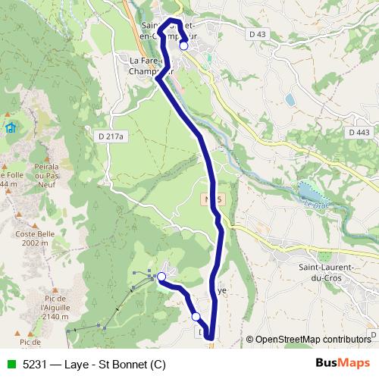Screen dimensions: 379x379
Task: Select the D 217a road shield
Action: click(x=110, y=136)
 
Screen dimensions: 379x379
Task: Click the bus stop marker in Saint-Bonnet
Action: click(x=183, y=45)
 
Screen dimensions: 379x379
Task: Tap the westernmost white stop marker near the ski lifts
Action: click(x=161, y=277)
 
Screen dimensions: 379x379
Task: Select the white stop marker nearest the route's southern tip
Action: click(x=196, y=316)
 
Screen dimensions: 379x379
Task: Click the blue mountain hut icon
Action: click(x=11, y=127)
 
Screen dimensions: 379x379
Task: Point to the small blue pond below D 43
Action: click(x=290, y=99)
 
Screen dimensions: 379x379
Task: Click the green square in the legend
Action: click(x=9, y=363)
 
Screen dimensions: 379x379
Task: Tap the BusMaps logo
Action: click(x=344, y=363)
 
